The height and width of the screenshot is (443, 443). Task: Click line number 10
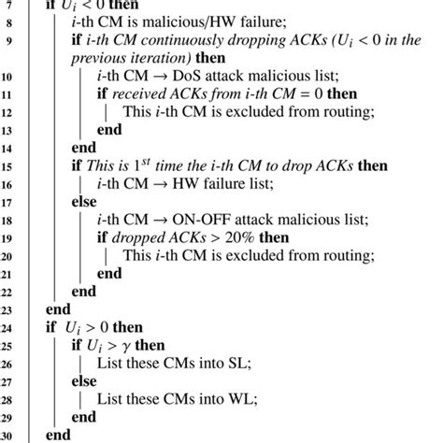click(7, 77)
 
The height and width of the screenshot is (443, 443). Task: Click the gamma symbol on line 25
click(124, 347)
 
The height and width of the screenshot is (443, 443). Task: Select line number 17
click(7, 203)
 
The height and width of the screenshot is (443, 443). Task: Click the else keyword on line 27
click(84, 381)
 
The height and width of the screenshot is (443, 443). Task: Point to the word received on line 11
click(139, 94)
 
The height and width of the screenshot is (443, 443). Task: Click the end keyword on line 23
click(58, 309)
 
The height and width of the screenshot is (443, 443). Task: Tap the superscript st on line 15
click(146, 162)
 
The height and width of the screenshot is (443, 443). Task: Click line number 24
click(7, 328)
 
